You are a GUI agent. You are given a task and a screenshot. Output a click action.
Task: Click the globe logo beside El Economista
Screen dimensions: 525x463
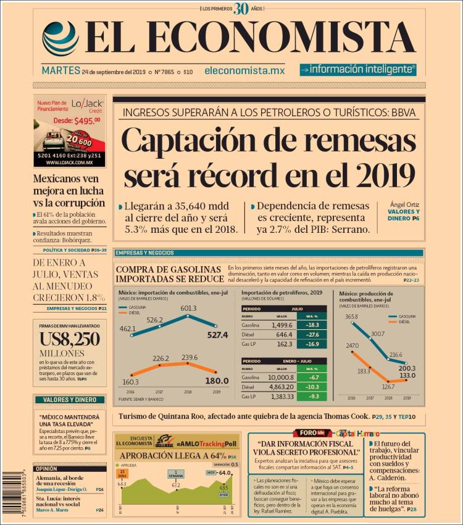pyautogui.click(x=60, y=39)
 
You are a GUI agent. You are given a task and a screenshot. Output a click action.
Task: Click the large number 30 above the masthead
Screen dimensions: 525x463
pyautogui.click(x=241, y=9)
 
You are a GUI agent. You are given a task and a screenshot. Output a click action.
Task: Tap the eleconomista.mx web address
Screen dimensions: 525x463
pyautogui.click(x=244, y=71)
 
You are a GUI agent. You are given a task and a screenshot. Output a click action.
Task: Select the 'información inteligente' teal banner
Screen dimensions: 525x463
pyautogui.click(x=358, y=70)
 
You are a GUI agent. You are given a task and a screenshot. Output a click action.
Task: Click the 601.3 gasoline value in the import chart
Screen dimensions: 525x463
pyautogui.click(x=188, y=308)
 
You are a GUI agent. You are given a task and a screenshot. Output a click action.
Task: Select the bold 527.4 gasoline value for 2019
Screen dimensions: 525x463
pyautogui.click(x=217, y=335)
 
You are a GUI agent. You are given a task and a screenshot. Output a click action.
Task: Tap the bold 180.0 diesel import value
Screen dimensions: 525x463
pyautogui.click(x=217, y=380)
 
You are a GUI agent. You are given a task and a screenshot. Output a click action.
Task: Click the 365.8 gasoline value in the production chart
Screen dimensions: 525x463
pyautogui.click(x=351, y=317)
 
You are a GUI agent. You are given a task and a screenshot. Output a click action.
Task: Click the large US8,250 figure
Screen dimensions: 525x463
pyautogui.click(x=69, y=338)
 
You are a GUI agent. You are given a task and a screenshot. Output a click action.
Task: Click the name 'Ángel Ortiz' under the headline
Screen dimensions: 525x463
pyautogui.click(x=405, y=204)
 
